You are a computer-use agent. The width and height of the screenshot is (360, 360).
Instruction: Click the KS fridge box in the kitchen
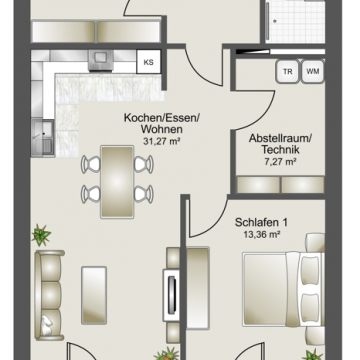pos(149,62)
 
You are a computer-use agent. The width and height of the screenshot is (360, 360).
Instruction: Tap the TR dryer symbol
pos(288,71)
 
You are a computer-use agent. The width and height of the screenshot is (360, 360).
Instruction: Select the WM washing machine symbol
pos(313,71)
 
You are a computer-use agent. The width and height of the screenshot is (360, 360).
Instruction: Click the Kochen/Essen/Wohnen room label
pos(162,123)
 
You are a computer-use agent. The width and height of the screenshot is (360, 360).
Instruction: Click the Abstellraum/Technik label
pos(280,144)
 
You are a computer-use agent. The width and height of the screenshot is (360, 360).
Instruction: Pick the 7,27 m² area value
pos(280,162)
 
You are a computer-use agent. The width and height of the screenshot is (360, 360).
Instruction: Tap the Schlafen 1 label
pos(261,222)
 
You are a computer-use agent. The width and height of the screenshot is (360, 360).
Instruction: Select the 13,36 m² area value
pos(261,234)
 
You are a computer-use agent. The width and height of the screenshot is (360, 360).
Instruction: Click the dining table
pos(117,182)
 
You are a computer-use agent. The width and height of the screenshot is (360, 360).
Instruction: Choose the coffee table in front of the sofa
pos(94,295)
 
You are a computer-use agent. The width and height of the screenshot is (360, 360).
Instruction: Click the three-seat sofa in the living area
pos(49,295)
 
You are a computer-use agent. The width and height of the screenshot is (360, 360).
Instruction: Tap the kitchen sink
pos(42,138)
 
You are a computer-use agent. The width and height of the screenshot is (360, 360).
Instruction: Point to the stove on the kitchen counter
pos(101,61)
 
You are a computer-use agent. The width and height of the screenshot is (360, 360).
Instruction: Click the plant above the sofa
pos(41,235)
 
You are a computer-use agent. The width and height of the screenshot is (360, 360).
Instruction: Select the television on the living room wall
pos(172,295)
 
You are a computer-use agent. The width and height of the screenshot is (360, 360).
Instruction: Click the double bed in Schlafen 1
pos(284,289)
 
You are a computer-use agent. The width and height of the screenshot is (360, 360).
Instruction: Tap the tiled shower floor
pos(296,21)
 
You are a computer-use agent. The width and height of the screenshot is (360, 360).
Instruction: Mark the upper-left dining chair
pos(91,165)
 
